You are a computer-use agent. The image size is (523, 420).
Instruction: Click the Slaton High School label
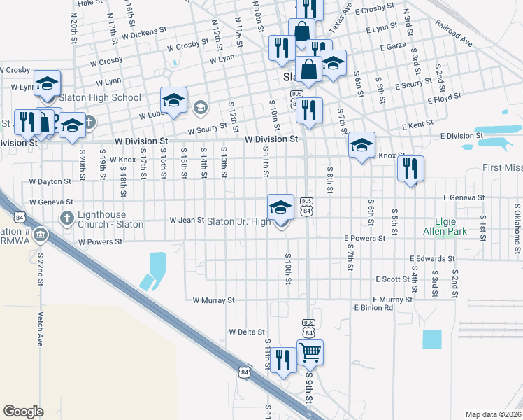pyautogui.click(x=100, y=98)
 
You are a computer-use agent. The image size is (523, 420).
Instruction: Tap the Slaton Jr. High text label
pyautogui.click(x=238, y=221)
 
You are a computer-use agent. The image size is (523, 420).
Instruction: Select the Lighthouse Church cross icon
pyautogui.click(x=67, y=217)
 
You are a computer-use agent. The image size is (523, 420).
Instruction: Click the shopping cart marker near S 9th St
pyautogui.click(x=310, y=353)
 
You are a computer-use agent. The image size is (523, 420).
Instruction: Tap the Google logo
pyautogui.click(x=23, y=412)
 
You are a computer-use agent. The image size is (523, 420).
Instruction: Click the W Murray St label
pyautogui.click(x=213, y=300)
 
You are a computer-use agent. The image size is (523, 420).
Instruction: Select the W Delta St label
pyautogui.click(x=247, y=332)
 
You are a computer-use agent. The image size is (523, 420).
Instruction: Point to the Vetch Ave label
pyautogui.click(x=41, y=329)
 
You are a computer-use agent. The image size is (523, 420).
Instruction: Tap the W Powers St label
pyautogui.click(x=100, y=241)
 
